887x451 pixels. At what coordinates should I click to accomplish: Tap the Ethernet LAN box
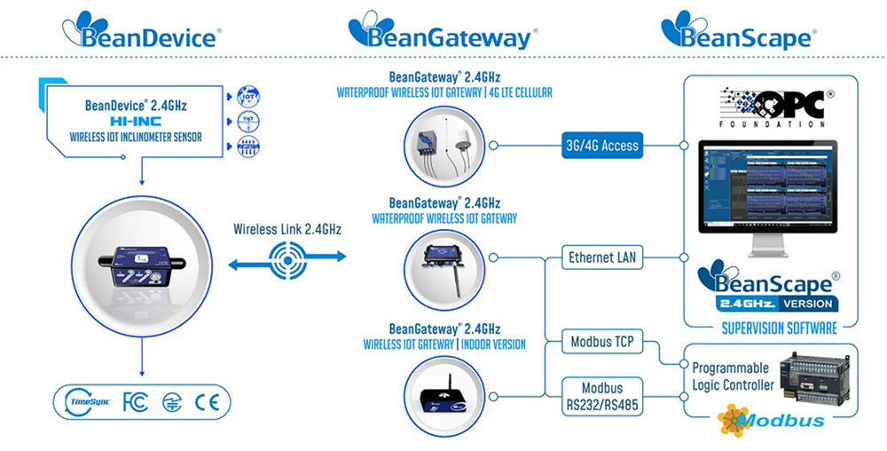click(603, 258)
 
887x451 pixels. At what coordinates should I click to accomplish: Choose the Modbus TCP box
click(602, 342)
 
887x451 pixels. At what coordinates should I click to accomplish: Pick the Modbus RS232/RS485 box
click(602, 395)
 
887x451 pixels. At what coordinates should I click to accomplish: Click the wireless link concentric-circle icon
click(288, 257)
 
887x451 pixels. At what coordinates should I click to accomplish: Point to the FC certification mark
click(135, 402)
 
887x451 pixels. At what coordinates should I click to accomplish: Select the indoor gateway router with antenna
click(443, 393)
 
